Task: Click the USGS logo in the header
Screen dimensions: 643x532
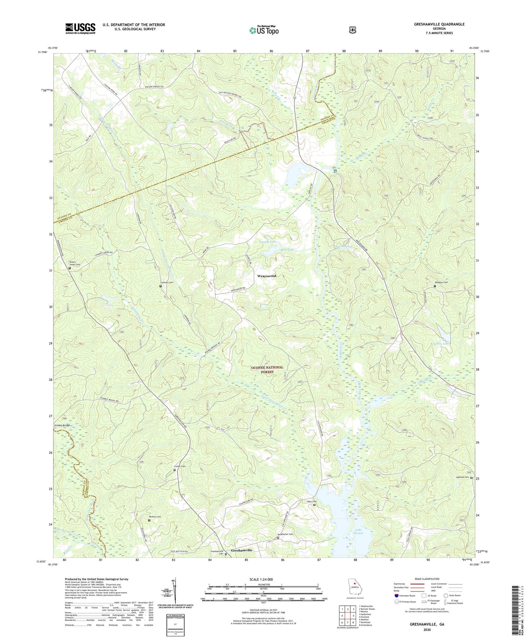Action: click(80, 28)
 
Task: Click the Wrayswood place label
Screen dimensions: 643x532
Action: click(266, 276)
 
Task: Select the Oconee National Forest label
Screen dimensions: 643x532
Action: click(267, 370)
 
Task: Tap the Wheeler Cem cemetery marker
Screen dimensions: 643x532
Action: click(435, 286)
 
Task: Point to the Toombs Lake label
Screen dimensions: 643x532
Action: click(267, 242)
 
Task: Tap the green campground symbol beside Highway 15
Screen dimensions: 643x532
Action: click(335, 171)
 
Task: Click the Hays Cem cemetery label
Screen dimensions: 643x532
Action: click(312, 501)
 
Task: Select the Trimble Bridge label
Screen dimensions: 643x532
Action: click(62, 425)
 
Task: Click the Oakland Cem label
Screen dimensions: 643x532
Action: click(462, 477)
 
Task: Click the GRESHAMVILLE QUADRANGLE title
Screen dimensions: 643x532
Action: click(439, 24)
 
